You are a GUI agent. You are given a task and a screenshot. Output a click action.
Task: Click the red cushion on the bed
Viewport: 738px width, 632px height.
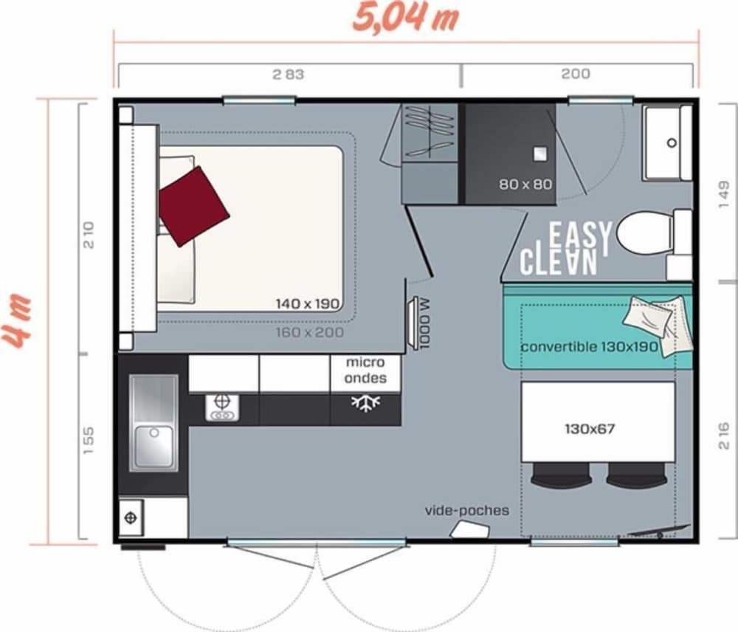[x=194, y=206]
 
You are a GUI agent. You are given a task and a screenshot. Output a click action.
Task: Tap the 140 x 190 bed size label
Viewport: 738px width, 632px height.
[x=308, y=303]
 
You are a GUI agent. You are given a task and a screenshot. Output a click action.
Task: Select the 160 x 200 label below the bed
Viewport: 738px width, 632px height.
[x=310, y=332]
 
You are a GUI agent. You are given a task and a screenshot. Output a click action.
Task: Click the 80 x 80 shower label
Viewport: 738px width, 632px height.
[x=525, y=184]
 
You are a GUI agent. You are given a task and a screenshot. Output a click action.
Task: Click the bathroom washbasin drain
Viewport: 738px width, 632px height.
[x=672, y=142]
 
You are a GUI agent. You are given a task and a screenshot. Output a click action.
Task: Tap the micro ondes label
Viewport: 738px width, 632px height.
[x=366, y=370]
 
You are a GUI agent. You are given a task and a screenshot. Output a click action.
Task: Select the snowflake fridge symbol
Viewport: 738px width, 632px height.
[x=366, y=403]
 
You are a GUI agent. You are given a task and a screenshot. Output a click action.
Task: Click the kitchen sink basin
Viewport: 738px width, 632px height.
[x=154, y=447]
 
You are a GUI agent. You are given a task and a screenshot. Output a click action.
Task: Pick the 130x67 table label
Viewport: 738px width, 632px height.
[x=590, y=429]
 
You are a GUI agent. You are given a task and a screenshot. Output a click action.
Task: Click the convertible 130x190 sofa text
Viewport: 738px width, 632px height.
[x=589, y=347]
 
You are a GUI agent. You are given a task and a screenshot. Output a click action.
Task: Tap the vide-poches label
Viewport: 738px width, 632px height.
[x=467, y=510]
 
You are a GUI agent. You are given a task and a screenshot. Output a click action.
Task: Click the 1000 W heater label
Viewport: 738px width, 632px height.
[x=424, y=323]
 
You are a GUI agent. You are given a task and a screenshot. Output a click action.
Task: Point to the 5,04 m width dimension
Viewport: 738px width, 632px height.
[x=406, y=18]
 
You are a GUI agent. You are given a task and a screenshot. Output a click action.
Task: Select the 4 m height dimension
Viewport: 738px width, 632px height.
[x=17, y=321]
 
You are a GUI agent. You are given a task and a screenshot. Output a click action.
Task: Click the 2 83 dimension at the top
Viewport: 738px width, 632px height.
[x=288, y=75]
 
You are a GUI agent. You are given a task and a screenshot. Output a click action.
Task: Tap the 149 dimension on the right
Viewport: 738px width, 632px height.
[x=724, y=194]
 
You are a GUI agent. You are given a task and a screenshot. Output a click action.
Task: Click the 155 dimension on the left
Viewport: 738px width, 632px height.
[x=88, y=441]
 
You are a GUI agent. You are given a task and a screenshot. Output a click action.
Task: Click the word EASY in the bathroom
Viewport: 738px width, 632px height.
[x=580, y=236]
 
